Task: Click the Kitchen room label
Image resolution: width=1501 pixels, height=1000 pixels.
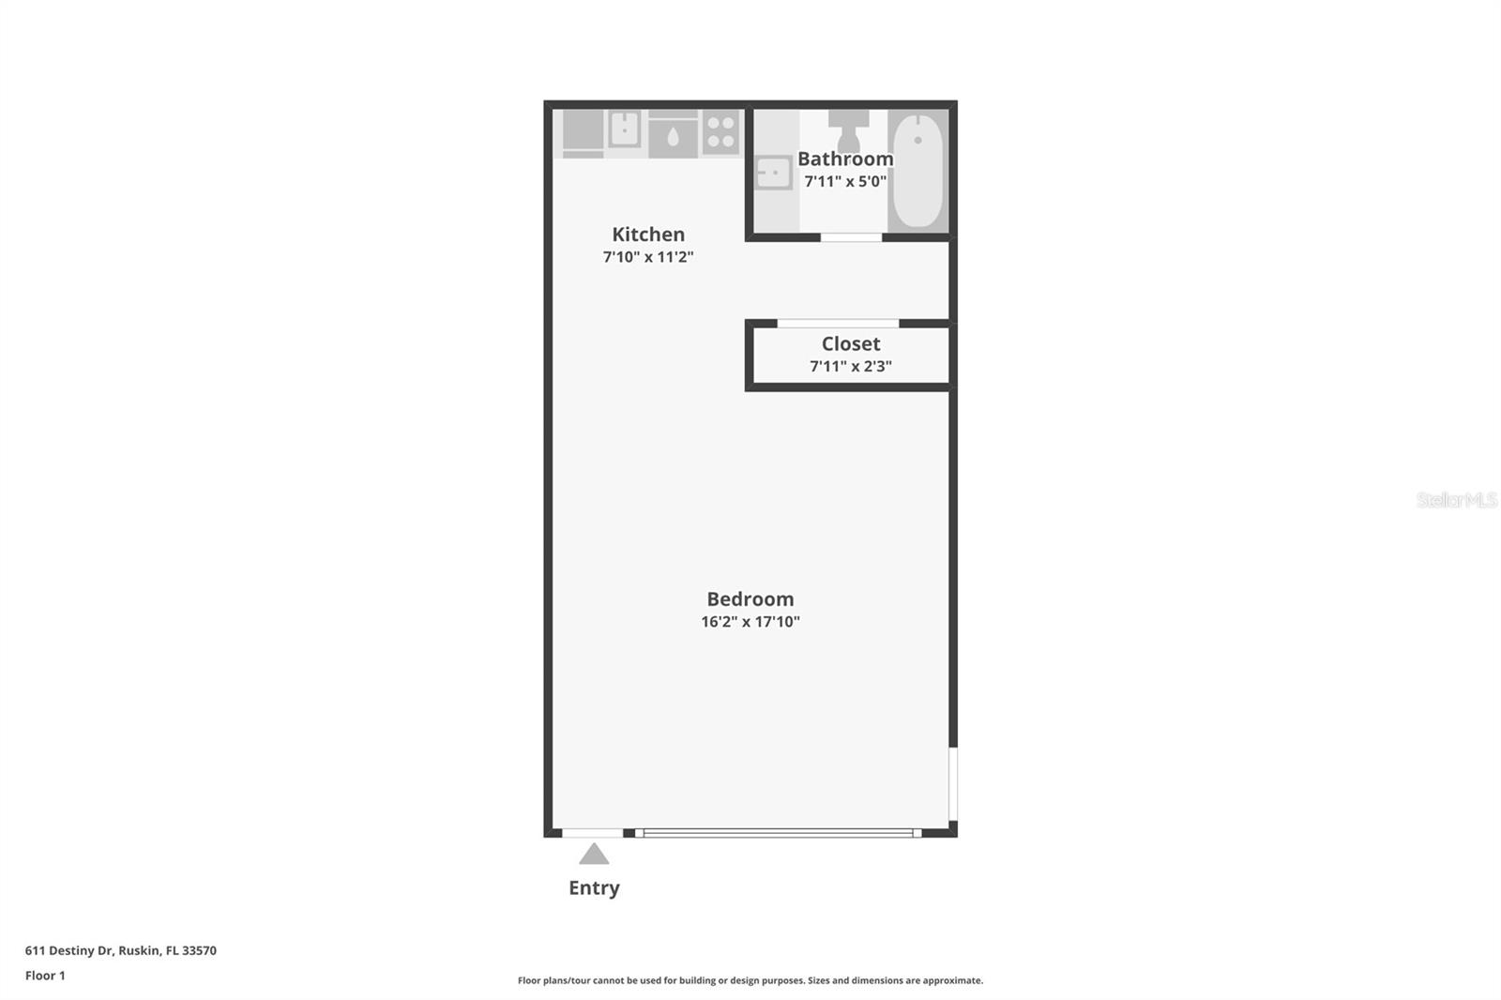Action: (648, 235)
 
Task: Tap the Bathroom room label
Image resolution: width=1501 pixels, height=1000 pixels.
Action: (845, 159)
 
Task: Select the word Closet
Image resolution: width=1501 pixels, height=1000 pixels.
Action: (851, 344)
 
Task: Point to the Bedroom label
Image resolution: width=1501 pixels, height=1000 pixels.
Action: (750, 599)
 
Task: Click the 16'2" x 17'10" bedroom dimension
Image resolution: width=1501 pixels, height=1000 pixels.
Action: (750, 622)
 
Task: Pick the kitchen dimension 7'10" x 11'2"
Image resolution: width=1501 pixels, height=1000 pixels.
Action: (648, 257)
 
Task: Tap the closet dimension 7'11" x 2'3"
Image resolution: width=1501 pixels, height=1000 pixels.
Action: (851, 367)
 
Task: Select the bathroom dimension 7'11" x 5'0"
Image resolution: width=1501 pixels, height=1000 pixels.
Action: (845, 181)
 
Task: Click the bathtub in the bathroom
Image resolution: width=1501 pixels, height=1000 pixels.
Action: (917, 170)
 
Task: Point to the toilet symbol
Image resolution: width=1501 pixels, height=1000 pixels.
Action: (848, 130)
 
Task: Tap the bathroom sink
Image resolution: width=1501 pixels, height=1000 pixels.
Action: (774, 173)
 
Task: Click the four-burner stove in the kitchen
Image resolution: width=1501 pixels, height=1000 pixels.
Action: (720, 132)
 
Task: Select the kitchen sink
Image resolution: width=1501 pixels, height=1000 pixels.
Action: (624, 129)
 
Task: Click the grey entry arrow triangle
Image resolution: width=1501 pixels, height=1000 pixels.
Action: (594, 854)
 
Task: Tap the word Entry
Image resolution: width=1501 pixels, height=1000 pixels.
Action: (594, 888)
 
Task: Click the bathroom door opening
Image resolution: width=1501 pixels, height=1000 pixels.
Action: (851, 237)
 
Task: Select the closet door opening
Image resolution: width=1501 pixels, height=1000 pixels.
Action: (838, 324)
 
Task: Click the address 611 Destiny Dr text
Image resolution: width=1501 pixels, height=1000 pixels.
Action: (121, 950)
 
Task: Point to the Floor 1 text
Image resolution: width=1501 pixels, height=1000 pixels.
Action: (45, 976)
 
